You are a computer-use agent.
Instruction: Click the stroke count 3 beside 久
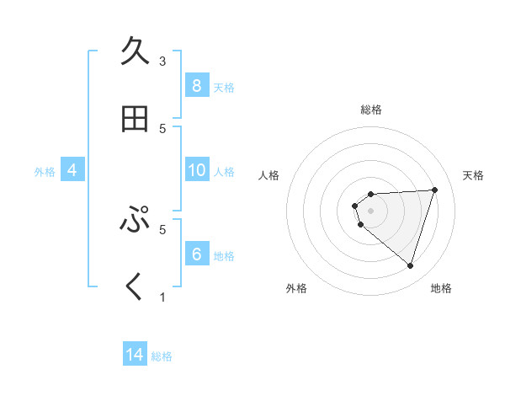pyautogui.click(x=162, y=61)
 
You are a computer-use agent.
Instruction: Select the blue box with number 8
pyautogui.click(x=196, y=86)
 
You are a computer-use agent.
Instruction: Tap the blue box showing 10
pyautogui.click(x=196, y=170)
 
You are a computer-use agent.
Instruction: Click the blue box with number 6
pyautogui.click(x=196, y=254)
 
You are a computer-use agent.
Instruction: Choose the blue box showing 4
pyautogui.click(x=72, y=170)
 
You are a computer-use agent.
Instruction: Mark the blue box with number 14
pyautogui.click(x=135, y=356)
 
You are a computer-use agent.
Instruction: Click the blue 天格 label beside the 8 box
pyautogui.click(x=224, y=88)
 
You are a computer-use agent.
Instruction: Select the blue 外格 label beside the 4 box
pyautogui.click(x=45, y=172)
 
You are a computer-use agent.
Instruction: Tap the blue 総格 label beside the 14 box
pyautogui.click(x=162, y=357)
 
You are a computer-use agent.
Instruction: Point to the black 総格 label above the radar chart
pyautogui.click(x=371, y=110)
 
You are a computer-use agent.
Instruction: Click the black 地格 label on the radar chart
pyautogui.click(x=441, y=288)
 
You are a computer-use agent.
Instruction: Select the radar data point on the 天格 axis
pyautogui.click(x=434, y=190)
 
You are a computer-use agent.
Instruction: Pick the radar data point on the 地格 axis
pyautogui.click(x=410, y=265)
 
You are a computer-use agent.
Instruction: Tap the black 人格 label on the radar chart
pyautogui.click(x=269, y=175)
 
